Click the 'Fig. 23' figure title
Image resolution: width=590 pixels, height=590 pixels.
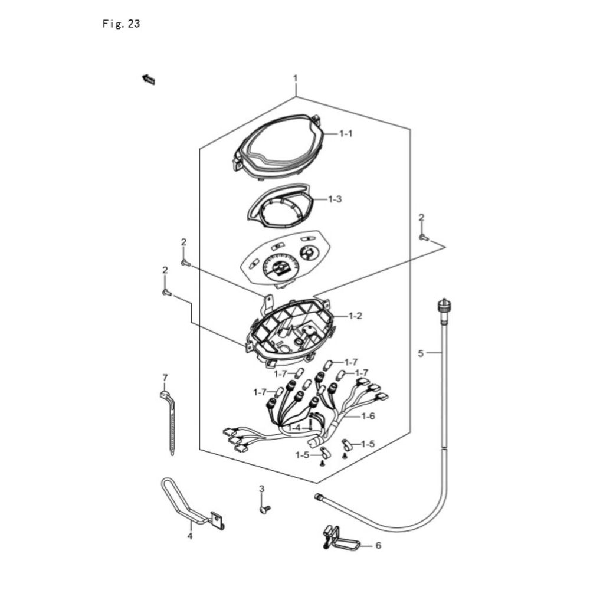coord(121,24)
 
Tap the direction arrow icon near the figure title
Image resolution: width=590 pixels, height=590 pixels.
coord(149,80)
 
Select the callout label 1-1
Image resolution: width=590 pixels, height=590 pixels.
coord(346,133)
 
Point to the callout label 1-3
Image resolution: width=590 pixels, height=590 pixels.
coord(335,199)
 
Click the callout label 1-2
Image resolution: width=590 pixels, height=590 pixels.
coord(355,316)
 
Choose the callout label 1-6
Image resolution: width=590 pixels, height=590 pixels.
coord(368,416)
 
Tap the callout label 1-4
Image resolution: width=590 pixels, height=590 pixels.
coord(294,428)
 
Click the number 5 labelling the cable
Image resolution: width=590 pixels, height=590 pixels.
coord(421,353)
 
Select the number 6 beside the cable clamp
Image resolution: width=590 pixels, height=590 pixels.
coord(378,545)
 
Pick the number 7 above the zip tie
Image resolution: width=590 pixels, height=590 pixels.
coord(165,378)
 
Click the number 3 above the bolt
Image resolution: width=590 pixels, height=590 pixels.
coord(261,489)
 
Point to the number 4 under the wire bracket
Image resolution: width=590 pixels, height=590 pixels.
coord(189,536)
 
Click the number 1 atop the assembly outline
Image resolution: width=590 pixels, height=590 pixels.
coord(296,78)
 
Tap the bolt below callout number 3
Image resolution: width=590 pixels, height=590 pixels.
coord(265,509)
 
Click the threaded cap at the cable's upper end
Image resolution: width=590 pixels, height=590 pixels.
coord(443,306)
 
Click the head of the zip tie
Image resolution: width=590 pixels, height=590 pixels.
coord(164,395)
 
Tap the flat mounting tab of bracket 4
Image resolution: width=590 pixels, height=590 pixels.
coord(218,521)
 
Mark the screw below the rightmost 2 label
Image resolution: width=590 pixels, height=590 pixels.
coord(424,237)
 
